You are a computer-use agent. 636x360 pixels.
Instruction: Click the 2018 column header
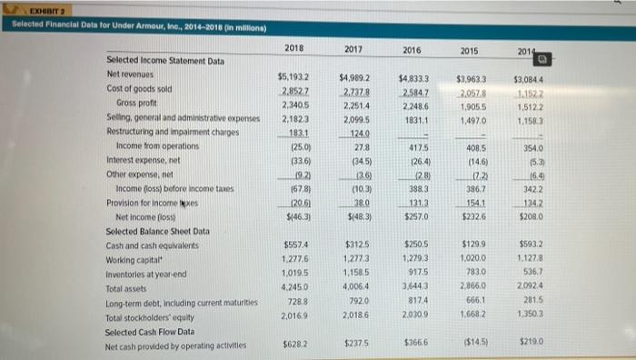coord(293,47)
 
